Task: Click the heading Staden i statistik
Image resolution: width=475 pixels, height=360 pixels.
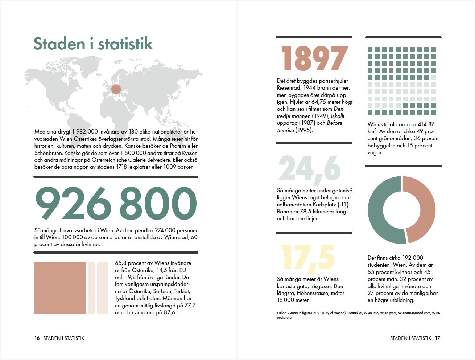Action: (93, 44)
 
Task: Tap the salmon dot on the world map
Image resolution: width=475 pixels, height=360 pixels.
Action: (116, 89)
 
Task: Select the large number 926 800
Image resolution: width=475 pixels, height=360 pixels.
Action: (116, 203)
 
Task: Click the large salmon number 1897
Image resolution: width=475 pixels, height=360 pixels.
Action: (314, 59)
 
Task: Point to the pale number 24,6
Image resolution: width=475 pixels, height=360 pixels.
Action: (310, 169)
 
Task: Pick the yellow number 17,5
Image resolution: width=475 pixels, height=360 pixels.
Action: (307, 258)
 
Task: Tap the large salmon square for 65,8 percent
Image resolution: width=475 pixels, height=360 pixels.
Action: (60, 287)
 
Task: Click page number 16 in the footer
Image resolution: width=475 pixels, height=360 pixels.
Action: (37, 338)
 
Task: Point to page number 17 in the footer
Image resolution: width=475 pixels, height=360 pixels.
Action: (438, 338)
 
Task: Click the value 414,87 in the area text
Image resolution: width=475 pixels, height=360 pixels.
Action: (426, 124)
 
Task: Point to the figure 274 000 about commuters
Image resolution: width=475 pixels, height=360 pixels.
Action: (165, 230)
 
